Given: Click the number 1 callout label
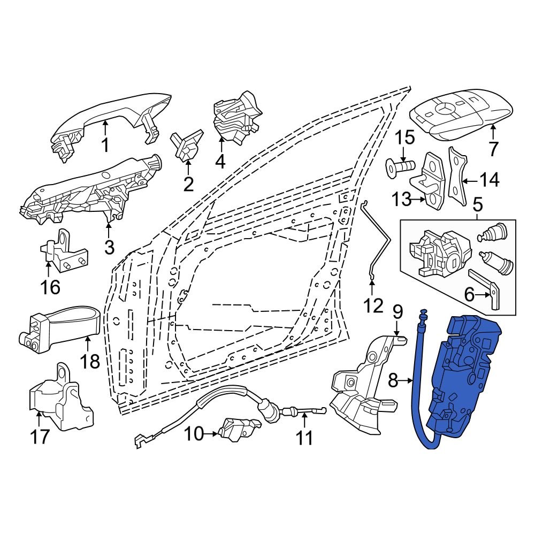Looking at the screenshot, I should click(x=105, y=145).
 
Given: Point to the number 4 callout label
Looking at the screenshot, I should click(x=220, y=160).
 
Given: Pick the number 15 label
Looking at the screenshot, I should click(x=405, y=137).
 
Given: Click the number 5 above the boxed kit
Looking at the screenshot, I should click(x=477, y=204).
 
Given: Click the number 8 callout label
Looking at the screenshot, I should click(x=393, y=381).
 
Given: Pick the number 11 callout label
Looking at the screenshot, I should click(x=304, y=438).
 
